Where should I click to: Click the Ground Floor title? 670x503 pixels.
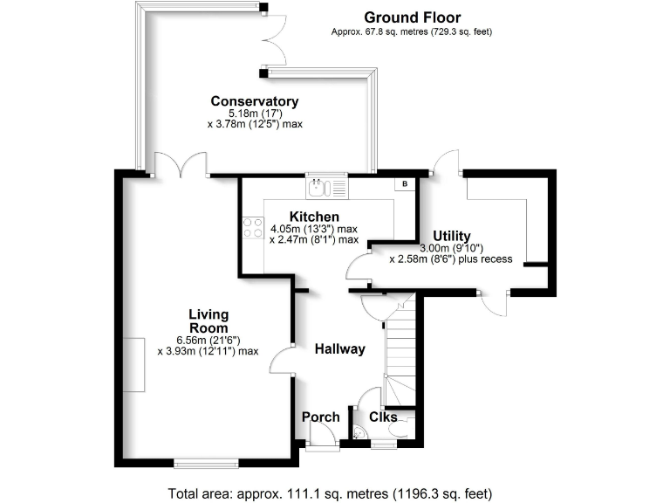click(412, 17)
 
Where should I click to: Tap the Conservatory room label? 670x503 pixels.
click(254, 101)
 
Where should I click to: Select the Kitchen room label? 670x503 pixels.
click(314, 217)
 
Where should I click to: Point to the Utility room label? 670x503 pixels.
click(452, 236)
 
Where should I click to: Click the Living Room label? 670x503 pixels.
click(209, 320)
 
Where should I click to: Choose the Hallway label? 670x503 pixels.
click(339, 349)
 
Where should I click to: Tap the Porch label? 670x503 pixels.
click(320, 417)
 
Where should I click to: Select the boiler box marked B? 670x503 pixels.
click(404, 184)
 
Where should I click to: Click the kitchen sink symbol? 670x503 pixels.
click(326, 187)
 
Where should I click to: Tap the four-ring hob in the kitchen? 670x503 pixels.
click(254, 228)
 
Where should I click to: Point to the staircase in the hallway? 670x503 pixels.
click(400, 349)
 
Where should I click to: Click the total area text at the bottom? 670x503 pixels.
click(334, 491)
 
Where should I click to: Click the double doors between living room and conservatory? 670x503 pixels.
click(181, 165)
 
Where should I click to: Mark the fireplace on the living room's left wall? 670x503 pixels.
click(134, 364)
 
